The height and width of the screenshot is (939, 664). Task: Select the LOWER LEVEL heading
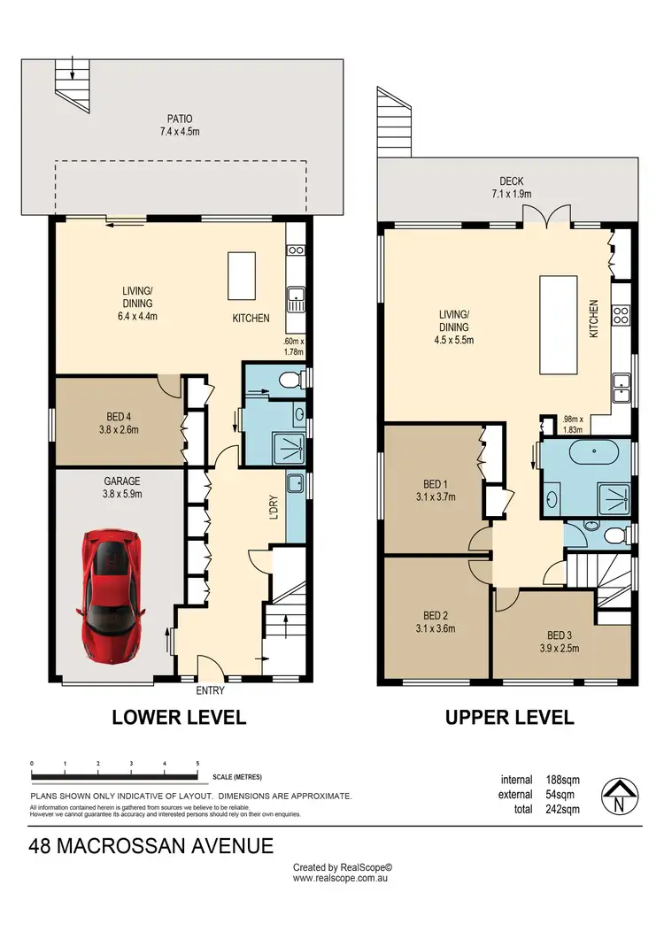point(179,717)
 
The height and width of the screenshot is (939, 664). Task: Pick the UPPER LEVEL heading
point(509,717)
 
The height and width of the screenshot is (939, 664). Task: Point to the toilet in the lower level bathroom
point(286,380)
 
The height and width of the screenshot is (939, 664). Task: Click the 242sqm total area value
point(563,809)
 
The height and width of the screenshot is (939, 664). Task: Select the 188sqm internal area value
point(563,780)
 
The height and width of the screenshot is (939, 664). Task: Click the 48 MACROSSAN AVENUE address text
point(151,846)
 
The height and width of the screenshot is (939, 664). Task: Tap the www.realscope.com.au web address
point(342,878)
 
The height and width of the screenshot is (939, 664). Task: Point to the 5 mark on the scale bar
point(197,763)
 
